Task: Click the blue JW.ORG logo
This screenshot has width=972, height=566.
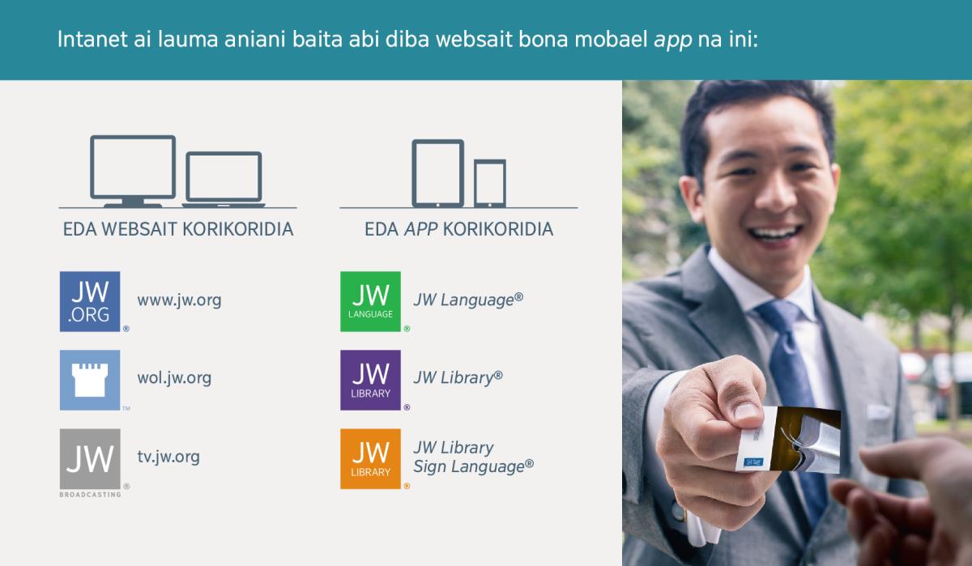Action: [x=90, y=301]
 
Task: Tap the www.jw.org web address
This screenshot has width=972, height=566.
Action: [x=179, y=300]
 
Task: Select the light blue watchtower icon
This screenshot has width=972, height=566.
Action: [x=90, y=380]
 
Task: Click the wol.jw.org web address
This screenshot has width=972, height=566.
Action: [x=174, y=378]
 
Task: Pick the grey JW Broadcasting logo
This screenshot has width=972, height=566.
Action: [x=90, y=459]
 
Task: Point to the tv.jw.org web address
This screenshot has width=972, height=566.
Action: [x=168, y=457]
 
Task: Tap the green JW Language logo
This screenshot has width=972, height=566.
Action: [x=370, y=301]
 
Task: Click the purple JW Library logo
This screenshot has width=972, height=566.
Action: [x=370, y=380]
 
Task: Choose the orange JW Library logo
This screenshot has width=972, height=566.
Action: [x=370, y=458]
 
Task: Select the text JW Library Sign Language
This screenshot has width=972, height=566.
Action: [x=473, y=457]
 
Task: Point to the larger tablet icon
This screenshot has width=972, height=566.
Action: [x=437, y=172]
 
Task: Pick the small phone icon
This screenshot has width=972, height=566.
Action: [x=490, y=183]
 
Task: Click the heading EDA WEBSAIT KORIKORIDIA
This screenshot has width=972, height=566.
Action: [x=178, y=230]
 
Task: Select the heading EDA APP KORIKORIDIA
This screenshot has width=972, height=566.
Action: [x=458, y=230]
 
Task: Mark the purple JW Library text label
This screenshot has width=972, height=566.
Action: [x=458, y=378]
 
